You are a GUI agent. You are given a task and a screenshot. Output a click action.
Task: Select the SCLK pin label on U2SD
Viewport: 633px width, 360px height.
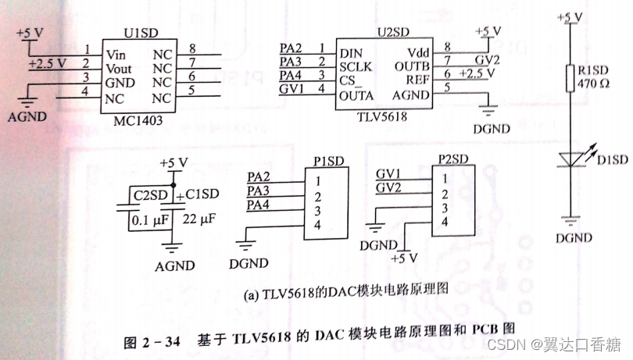point(357,68)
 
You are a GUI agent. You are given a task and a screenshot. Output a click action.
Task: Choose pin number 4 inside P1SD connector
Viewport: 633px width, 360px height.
point(318,225)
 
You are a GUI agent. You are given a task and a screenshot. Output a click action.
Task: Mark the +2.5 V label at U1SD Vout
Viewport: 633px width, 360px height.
point(46,62)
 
